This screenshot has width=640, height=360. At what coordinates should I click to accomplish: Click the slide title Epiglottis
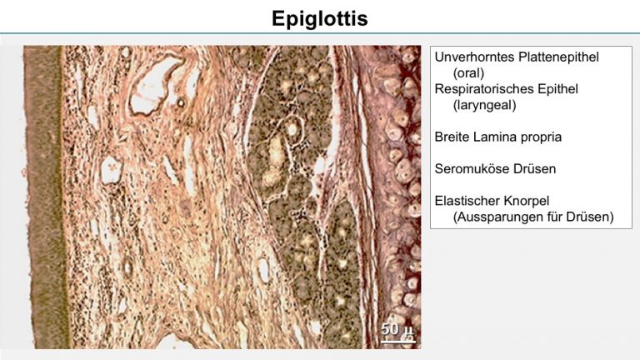click(x=320, y=18)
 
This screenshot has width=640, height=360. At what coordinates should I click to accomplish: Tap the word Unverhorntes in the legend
click(x=474, y=57)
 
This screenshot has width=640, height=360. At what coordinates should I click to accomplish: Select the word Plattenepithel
click(x=558, y=57)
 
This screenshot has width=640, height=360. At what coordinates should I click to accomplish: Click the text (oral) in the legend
click(x=468, y=73)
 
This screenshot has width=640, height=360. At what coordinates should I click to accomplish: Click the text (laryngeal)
click(x=484, y=105)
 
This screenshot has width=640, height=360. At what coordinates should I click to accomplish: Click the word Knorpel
click(x=526, y=201)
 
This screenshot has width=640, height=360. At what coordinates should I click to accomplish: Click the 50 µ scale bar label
click(x=397, y=329)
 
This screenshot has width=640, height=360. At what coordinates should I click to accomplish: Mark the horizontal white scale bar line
click(x=398, y=340)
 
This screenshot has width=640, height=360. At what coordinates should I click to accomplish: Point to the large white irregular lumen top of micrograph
click(x=152, y=87)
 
